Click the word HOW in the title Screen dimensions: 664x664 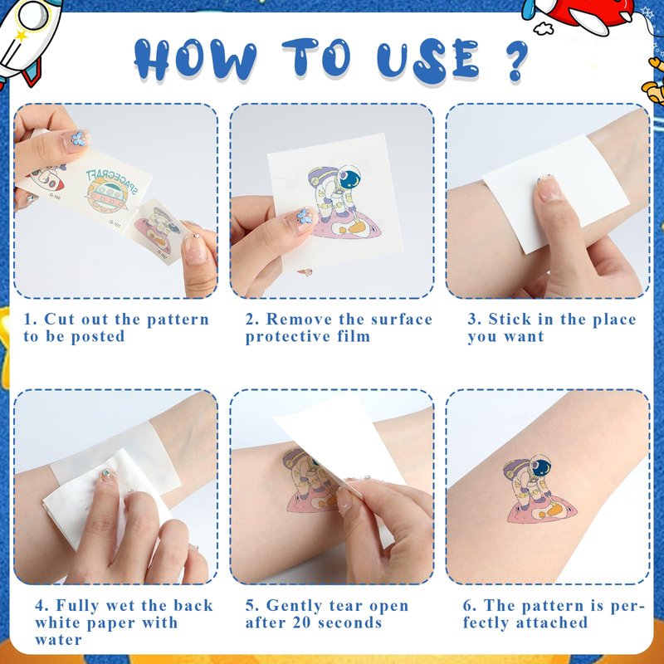tap(195, 59)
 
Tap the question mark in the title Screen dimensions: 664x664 tap(515, 60)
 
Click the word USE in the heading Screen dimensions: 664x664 tap(428, 60)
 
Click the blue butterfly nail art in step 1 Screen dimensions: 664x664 tap(78, 138)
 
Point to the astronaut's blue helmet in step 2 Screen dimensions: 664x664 tap(349, 177)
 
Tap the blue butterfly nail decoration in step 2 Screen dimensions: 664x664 tap(305, 216)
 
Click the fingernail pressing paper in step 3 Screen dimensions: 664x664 tap(549, 189)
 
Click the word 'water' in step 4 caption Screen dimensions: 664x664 tap(58, 640)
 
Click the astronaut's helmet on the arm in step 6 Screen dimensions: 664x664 tap(539, 466)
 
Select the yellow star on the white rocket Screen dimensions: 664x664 tap(20, 35)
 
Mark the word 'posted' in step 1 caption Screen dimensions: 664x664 tap(97, 337)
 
